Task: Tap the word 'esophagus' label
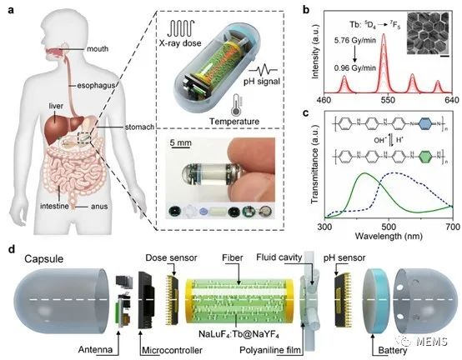96,86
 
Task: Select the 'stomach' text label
139,127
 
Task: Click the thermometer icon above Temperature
237,105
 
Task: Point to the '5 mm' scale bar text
181,143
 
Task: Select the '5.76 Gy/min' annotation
354,40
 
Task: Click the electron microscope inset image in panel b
428,33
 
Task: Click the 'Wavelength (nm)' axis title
389,236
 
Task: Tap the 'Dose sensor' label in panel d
171,257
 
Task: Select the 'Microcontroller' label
172,350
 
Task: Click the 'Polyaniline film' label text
270,350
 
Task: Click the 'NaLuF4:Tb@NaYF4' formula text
239,334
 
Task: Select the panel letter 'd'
12,250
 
